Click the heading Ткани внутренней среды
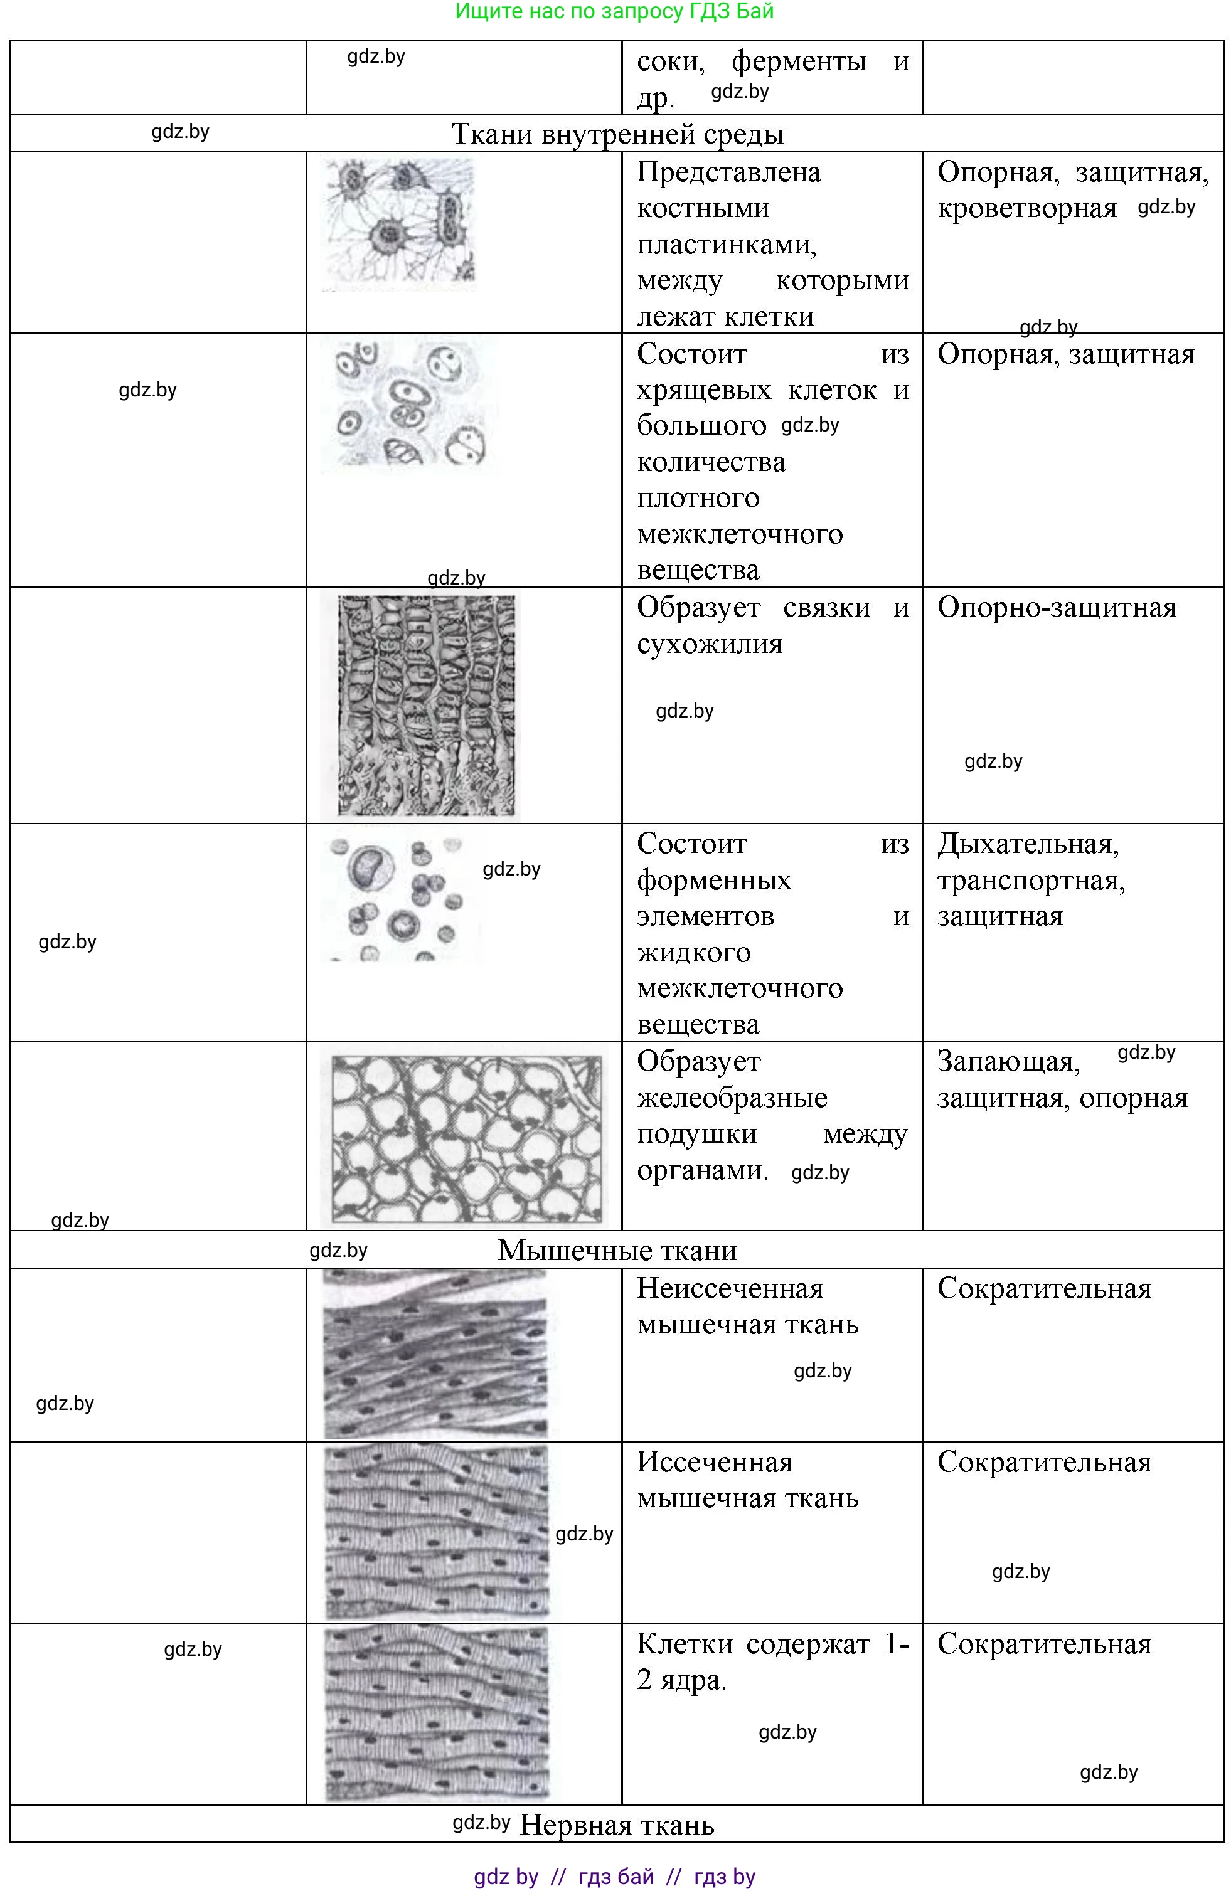point(617,134)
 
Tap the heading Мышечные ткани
point(617,1251)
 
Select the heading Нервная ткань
point(617,1825)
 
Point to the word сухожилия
point(710,643)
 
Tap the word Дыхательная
point(1028,844)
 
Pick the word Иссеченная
point(715,1462)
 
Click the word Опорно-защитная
point(1056,607)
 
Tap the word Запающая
point(1008,1061)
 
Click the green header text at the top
point(614,12)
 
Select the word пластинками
point(727,244)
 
